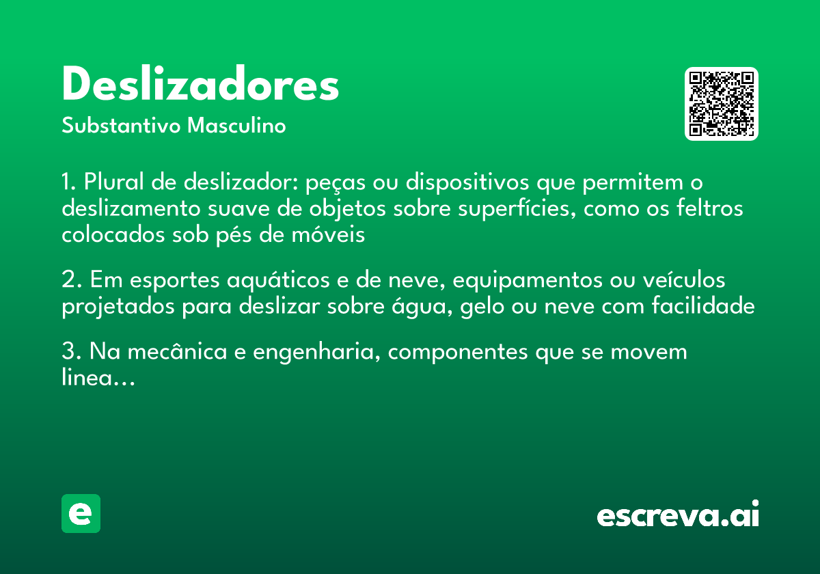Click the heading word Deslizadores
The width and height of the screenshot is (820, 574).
200,85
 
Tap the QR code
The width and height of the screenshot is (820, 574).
722,104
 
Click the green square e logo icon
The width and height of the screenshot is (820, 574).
81,513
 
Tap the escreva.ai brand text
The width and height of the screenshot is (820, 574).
678,515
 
